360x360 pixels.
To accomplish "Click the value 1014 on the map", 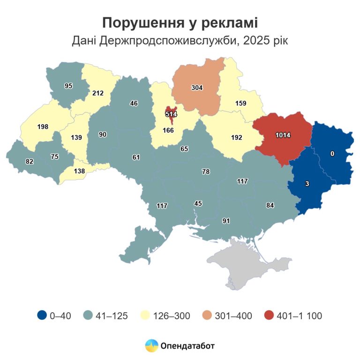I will click(283, 135).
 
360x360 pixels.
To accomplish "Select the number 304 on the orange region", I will click(197, 88).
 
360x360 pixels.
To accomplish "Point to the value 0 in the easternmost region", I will click(332, 154).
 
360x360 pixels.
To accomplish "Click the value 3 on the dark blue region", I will click(307, 184).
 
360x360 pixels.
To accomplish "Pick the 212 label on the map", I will click(98, 93).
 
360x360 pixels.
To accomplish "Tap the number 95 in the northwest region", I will click(68, 86).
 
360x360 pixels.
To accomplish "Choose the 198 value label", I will click(43, 127).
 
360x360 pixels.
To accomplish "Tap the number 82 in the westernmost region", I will click(30, 162).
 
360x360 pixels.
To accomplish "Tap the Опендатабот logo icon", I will click(151, 346).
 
